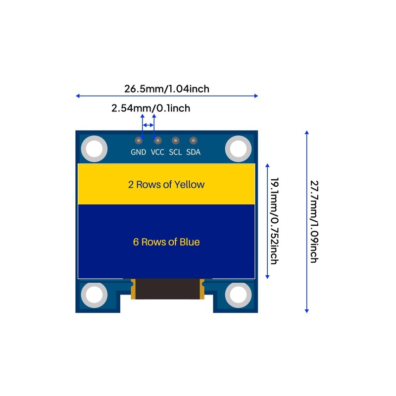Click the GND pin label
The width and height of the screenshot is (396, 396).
tap(138, 152)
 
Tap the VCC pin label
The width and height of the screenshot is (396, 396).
tap(157, 152)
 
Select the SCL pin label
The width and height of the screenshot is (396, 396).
tap(175, 152)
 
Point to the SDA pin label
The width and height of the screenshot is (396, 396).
tap(194, 152)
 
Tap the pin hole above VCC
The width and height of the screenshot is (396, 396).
tap(158, 141)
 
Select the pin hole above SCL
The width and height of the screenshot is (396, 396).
tap(175, 141)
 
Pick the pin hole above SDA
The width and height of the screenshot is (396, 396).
tap(193, 141)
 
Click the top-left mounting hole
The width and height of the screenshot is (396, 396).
tap(94, 148)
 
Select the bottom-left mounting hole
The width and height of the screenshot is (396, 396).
tap(94, 295)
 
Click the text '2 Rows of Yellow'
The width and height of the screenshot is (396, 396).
tap(166, 185)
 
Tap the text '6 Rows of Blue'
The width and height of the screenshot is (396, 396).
tap(166, 242)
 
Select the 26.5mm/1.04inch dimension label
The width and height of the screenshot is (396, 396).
tap(167, 89)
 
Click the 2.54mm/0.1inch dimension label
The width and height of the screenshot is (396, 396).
tap(150, 108)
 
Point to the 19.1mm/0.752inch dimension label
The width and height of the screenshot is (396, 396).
tap(273, 220)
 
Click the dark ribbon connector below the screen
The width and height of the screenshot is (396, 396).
tap(167, 289)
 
